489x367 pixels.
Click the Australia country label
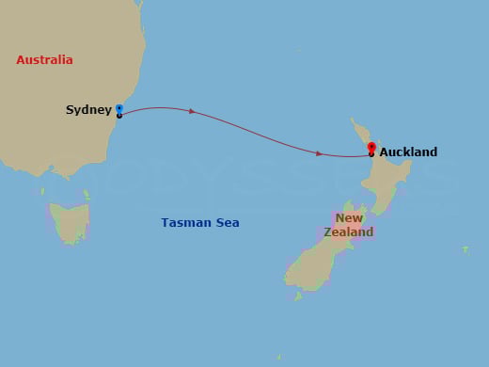tap(44, 60)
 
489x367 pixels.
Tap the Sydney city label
tap(88, 110)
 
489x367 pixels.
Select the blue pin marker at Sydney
tap(118, 109)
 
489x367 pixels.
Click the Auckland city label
tap(408, 152)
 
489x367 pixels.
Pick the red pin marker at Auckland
tap(371, 148)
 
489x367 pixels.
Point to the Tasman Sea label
tap(200, 223)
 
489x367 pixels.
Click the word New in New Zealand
tap(349, 218)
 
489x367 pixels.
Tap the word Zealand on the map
tap(348, 231)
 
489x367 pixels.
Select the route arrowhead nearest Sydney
tap(192, 111)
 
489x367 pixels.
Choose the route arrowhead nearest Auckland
tap(320, 153)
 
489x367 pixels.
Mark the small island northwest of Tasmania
tap(42, 192)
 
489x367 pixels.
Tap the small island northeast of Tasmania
tap(86, 194)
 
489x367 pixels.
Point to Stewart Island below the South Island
tap(298, 295)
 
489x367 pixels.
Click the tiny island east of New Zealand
tap(465, 249)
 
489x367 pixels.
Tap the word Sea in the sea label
tap(227, 223)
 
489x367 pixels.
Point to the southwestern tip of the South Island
tap(287, 279)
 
